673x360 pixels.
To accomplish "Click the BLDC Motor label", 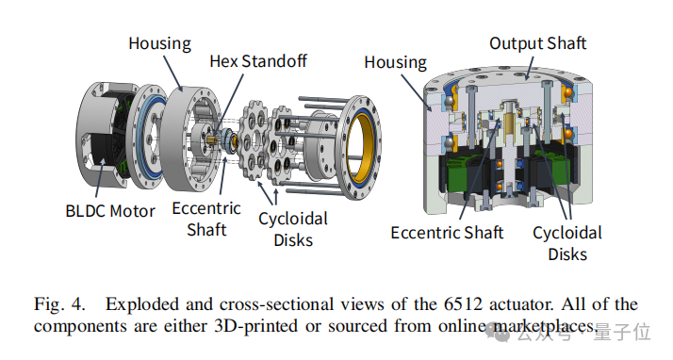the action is pyautogui.click(x=110, y=211).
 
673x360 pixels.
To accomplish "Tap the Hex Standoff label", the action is pyautogui.click(x=258, y=61).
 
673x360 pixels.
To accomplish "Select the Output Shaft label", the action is pyautogui.click(x=538, y=43).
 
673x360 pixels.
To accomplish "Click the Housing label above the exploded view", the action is pyautogui.click(x=159, y=43).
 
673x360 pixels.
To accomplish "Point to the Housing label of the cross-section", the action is pyautogui.click(x=395, y=62).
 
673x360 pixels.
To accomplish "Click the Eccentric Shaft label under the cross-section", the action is pyautogui.click(x=447, y=233).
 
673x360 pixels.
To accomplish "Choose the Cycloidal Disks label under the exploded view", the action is pyautogui.click(x=293, y=229).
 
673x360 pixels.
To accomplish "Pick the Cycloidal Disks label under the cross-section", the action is pyautogui.click(x=567, y=243).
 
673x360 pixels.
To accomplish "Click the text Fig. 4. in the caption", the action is pyautogui.click(x=59, y=304).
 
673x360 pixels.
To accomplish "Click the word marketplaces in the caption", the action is pyautogui.click(x=545, y=326).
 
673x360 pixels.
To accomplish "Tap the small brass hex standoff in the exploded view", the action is pyautogui.click(x=211, y=139).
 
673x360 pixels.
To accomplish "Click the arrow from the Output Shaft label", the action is pyautogui.click(x=529, y=69).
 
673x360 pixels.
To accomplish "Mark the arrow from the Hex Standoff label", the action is pyautogui.click(x=229, y=104).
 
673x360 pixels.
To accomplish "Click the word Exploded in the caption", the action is pyautogui.click(x=142, y=304).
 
